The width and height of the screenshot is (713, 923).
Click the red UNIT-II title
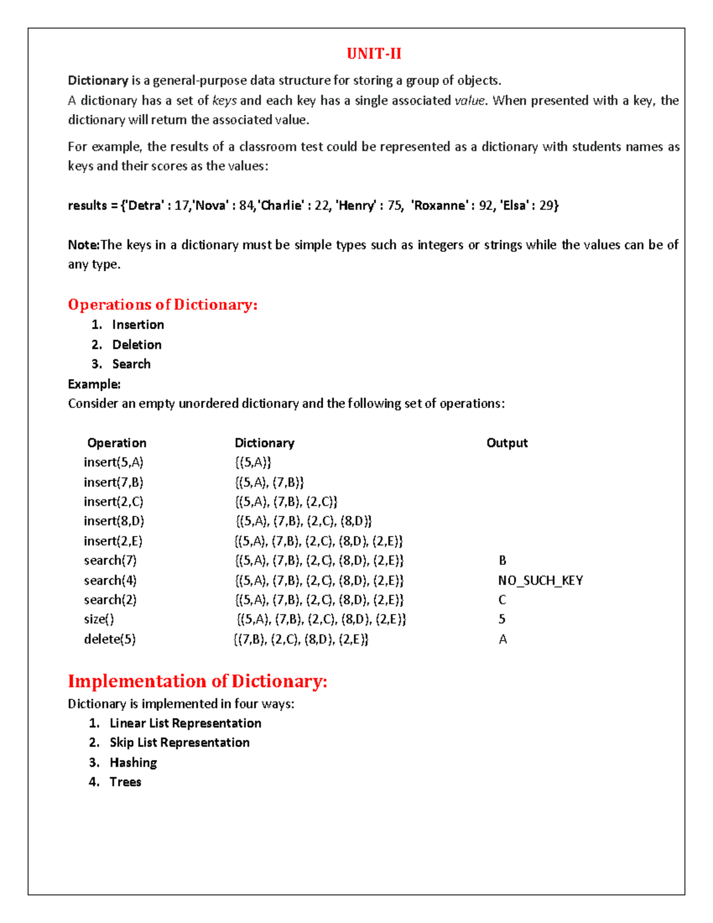[374, 54]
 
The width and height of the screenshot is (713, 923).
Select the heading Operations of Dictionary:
[162, 305]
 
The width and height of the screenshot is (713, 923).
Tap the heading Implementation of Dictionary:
[197, 681]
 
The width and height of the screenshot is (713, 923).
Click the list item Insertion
[138, 325]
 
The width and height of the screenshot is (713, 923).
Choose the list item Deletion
[137, 345]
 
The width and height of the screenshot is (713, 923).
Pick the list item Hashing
[133, 763]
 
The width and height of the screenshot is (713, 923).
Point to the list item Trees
[125, 782]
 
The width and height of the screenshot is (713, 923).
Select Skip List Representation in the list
[179, 743]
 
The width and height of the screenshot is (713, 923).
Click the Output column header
[507, 443]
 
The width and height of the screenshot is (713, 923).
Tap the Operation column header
[116, 443]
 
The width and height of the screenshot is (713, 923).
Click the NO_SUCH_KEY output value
[540, 581]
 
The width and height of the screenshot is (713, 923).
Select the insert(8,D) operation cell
[113, 521]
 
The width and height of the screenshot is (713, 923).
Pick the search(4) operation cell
[110, 581]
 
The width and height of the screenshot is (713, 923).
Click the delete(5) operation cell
[109, 640]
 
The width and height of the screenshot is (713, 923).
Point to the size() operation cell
[99, 619]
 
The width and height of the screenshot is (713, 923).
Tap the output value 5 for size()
[502, 619]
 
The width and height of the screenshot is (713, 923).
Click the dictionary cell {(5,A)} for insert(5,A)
[253, 462]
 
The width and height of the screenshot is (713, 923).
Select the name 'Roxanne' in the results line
[440, 206]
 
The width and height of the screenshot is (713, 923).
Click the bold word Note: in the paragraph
[83, 245]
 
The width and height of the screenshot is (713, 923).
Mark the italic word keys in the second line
[224, 101]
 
